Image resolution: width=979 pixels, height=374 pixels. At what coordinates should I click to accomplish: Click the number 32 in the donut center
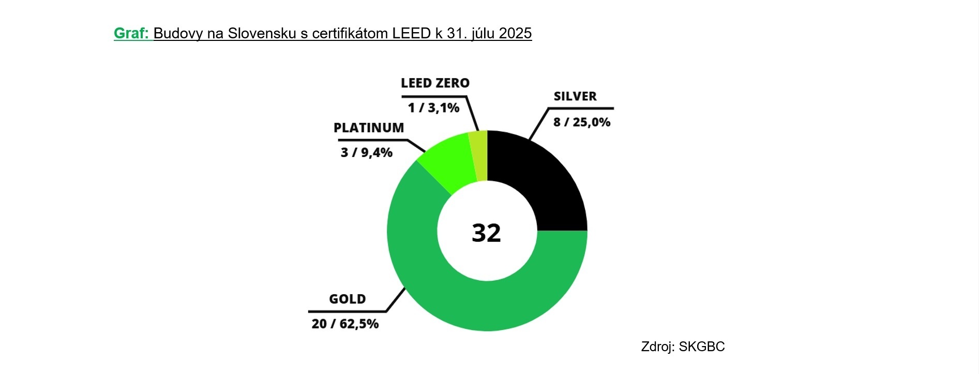click(486, 233)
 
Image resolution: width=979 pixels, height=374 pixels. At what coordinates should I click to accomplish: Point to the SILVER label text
click(575, 96)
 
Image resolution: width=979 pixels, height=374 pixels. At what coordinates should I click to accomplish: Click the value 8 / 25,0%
click(581, 122)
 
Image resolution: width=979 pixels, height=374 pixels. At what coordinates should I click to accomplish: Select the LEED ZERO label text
click(435, 83)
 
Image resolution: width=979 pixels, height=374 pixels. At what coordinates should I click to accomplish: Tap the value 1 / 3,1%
click(433, 108)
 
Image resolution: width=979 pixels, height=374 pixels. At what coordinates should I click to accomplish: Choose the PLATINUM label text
click(368, 127)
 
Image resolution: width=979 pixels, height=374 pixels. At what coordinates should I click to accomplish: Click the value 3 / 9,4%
click(366, 152)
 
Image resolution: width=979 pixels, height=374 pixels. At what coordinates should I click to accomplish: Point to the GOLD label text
click(347, 299)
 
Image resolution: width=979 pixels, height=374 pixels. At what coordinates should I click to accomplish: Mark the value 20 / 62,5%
click(345, 324)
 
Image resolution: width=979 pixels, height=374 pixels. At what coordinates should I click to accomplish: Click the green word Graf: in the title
click(131, 33)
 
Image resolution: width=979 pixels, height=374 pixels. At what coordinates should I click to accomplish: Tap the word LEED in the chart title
click(411, 33)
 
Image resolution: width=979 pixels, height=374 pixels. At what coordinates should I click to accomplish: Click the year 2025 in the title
click(515, 33)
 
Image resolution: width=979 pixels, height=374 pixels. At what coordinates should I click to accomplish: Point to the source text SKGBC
click(701, 347)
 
